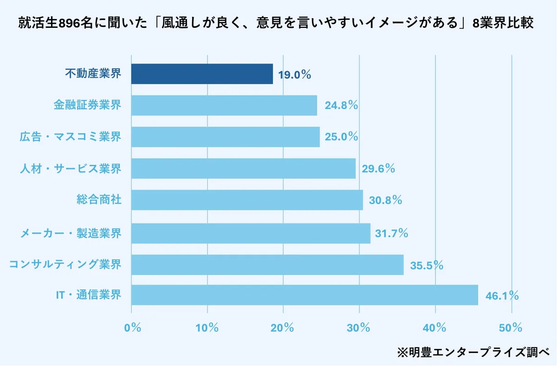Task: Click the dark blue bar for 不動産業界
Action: (202, 74)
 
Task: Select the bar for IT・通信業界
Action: (304, 295)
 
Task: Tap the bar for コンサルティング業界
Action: (267, 265)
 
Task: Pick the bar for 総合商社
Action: (247, 200)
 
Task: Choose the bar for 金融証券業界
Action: (224, 105)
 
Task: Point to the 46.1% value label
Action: (502, 296)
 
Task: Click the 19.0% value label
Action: (294, 75)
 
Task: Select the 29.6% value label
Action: (378, 169)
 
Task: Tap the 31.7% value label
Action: (391, 233)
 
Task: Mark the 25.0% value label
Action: (342, 137)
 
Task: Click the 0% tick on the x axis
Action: (133, 328)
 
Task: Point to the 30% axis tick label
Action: (358, 328)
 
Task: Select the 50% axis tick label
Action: (511, 328)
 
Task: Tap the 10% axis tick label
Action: (207, 328)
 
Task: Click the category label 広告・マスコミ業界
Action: (71, 137)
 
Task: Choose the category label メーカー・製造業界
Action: (71, 233)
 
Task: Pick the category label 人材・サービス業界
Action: (71, 169)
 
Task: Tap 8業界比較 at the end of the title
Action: (503, 23)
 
